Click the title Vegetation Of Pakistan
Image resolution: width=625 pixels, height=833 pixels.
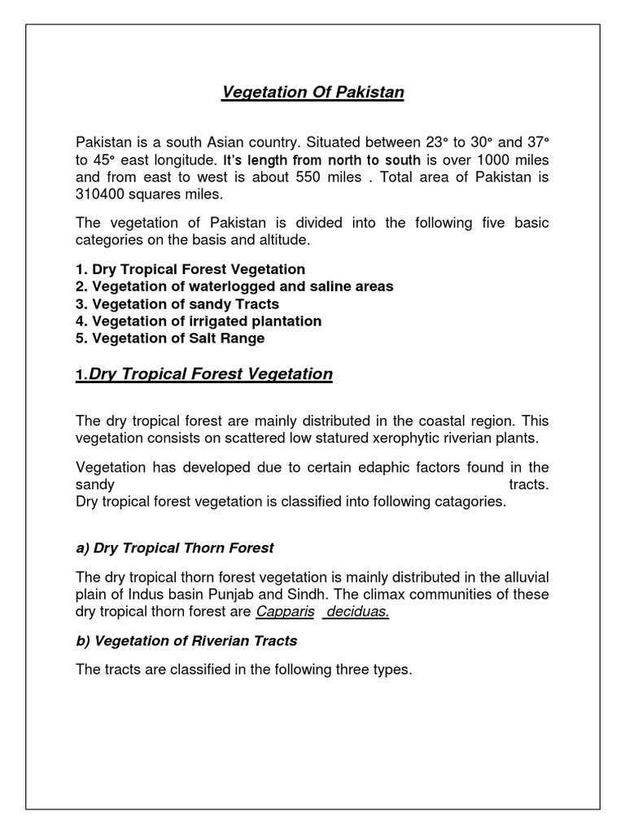point(312,93)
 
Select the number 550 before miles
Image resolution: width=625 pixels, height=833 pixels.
point(318,177)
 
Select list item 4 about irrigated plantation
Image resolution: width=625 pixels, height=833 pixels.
point(199,321)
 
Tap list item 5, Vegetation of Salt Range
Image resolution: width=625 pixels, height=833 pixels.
point(170,338)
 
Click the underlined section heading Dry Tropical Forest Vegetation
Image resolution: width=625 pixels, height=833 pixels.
point(210,374)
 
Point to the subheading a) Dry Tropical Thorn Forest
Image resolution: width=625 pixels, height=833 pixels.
point(175,547)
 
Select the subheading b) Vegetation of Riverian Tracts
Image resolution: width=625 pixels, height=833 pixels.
point(186,641)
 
